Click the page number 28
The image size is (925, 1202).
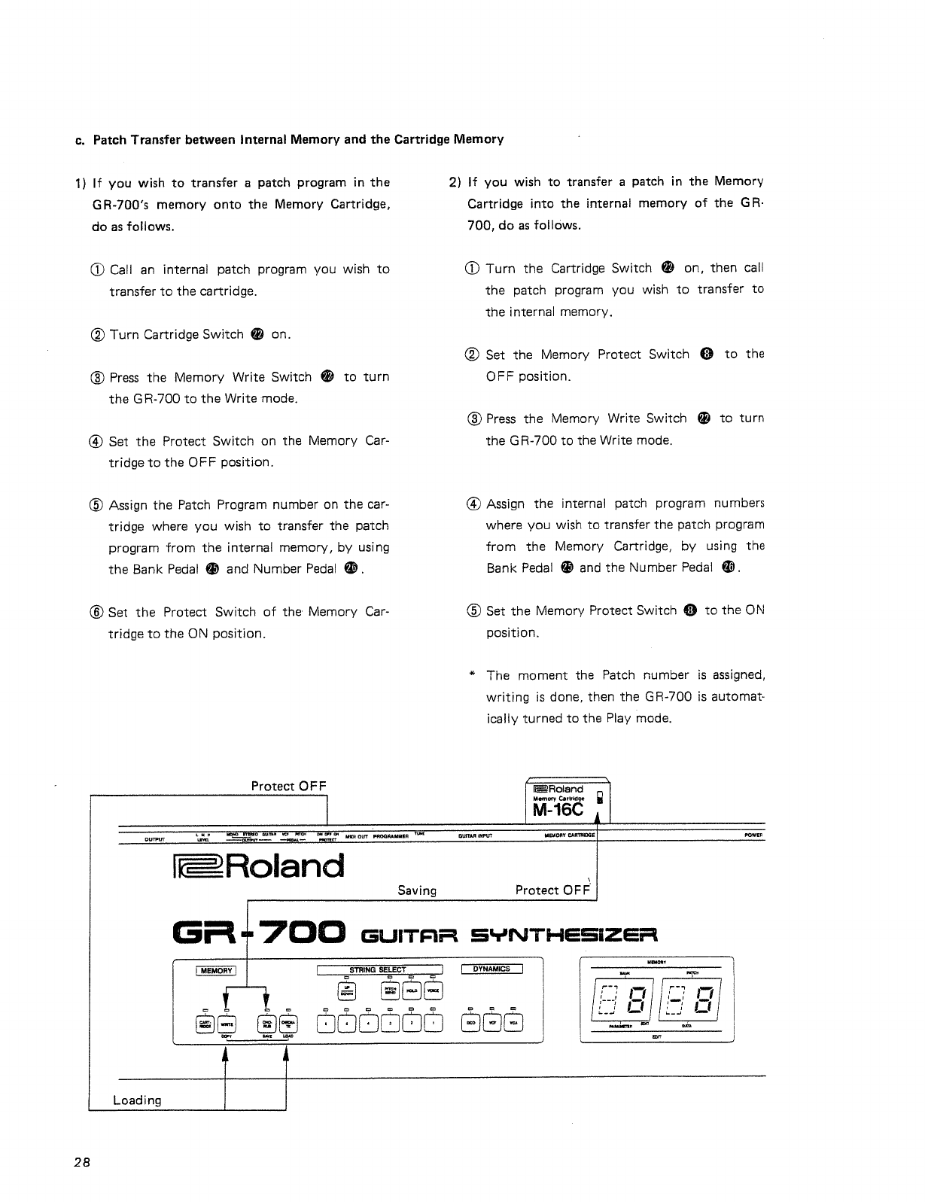click(82, 1161)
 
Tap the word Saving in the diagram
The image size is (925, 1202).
click(417, 890)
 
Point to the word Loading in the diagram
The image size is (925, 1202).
click(137, 1100)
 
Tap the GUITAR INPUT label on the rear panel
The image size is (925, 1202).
click(475, 835)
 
